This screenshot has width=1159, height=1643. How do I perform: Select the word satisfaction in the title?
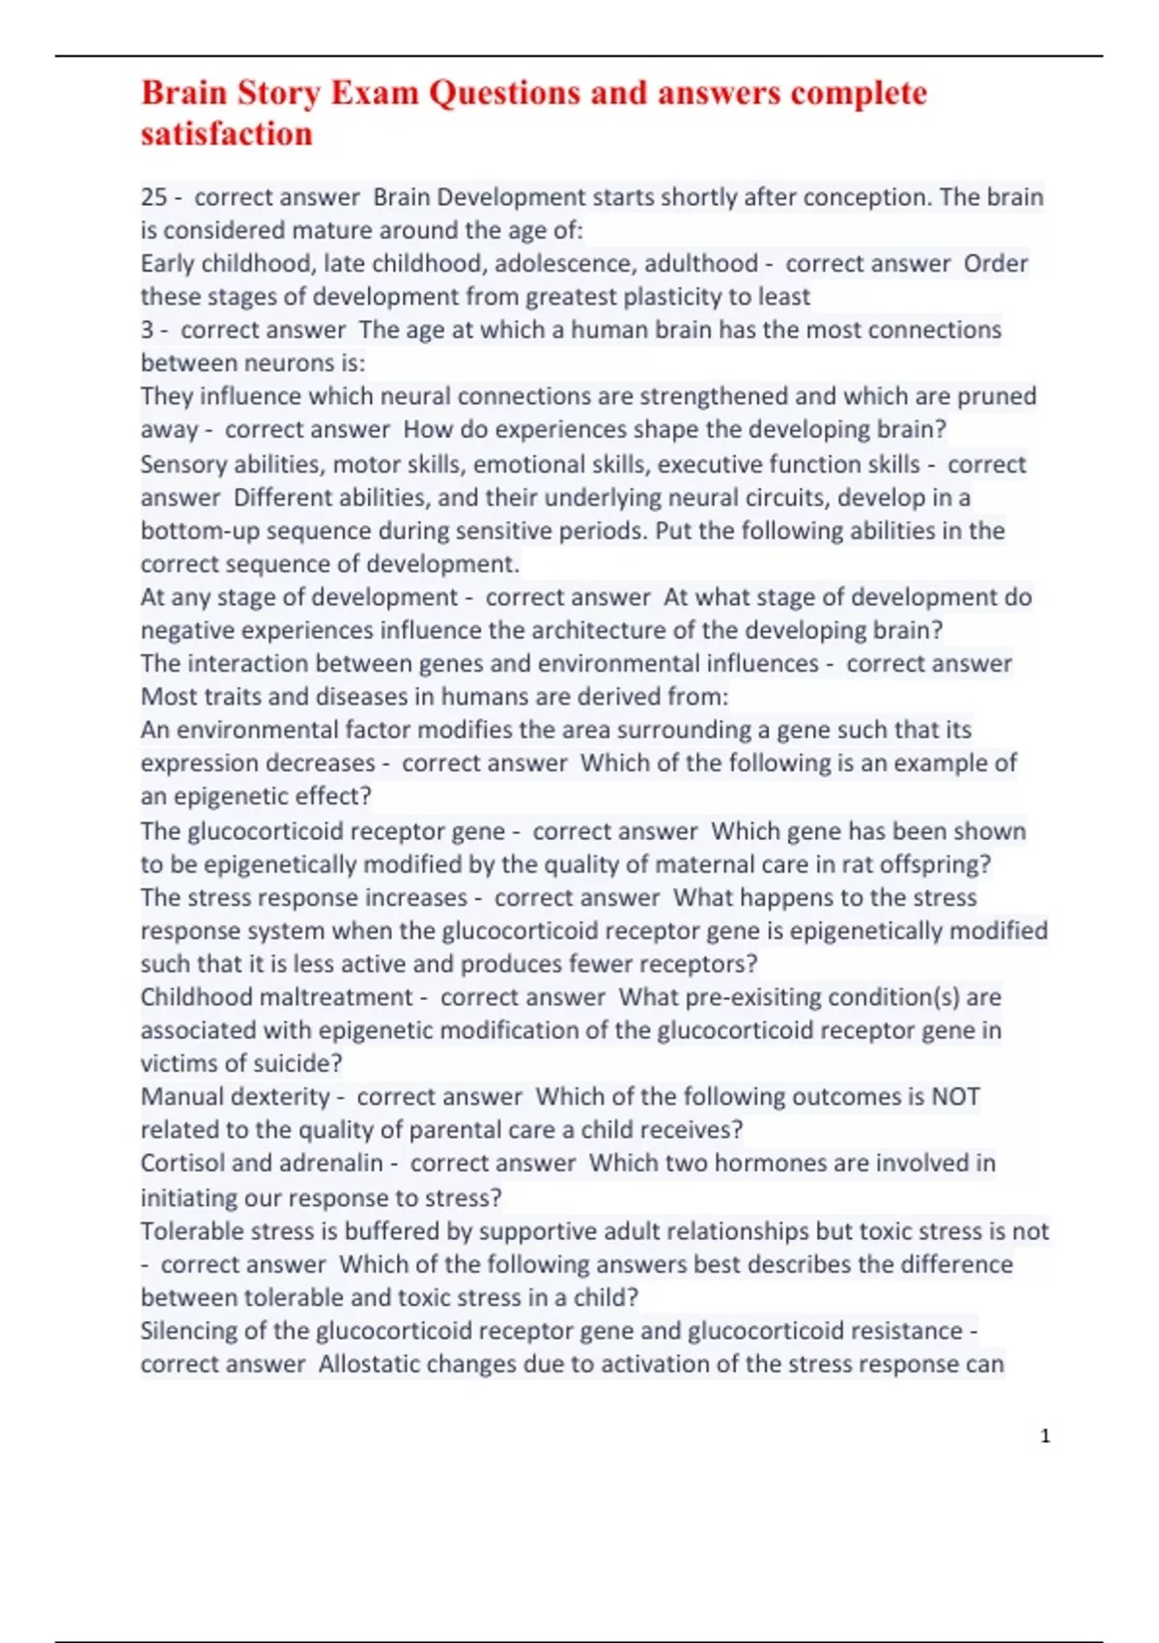pos(227,133)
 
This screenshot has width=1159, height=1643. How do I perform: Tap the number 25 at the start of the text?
pos(154,197)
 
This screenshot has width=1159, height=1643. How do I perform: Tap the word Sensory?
pos(184,465)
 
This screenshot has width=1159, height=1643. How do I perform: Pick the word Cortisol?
pos(184,1164)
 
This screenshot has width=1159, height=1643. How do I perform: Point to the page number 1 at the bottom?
pos(1045,1436)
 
